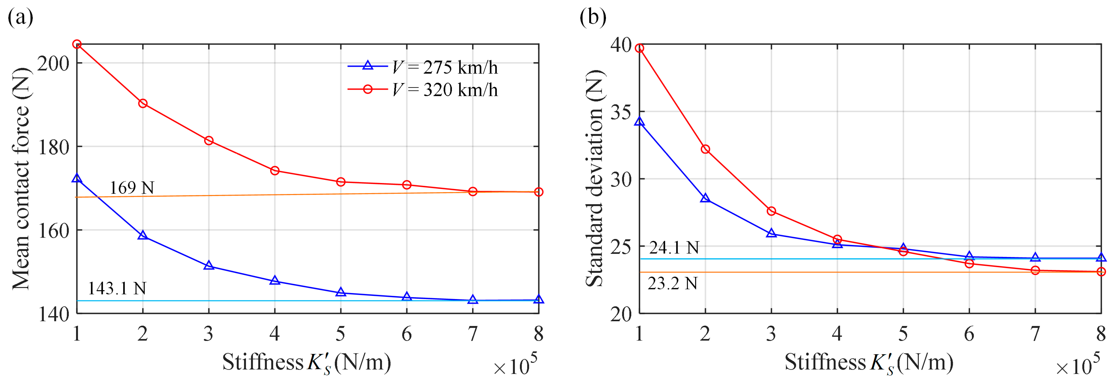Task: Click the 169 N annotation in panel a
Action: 132,188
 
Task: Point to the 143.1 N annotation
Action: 117,288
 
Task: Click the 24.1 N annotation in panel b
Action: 674,248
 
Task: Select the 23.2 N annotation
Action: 673,283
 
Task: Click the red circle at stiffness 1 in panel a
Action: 77,44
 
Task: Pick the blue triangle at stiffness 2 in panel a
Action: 143,236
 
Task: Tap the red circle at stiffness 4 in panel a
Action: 274,171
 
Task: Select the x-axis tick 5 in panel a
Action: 341,334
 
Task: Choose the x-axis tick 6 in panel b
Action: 969,334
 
